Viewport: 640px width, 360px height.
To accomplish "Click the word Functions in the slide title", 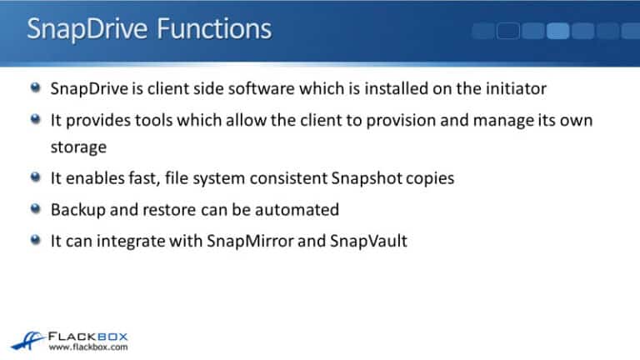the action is tap(214, 28).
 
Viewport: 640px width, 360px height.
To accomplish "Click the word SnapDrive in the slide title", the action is tap(87, 29).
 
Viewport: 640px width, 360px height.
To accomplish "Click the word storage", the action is tap(78, 147).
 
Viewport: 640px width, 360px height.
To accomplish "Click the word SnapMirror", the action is tap(250, 241).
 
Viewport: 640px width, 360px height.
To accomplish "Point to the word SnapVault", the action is tap(368, 241).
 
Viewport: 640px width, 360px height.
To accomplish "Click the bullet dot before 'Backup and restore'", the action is tap(36, 209).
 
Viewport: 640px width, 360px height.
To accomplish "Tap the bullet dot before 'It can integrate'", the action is tap(36, 240).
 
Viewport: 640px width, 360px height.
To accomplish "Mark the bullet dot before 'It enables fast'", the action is tap(36, 177).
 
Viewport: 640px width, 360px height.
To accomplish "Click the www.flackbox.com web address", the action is tap(88, 347).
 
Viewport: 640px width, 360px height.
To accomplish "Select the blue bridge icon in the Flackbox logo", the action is tap(27, 340).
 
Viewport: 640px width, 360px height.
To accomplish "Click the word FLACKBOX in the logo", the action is tap(88, 337).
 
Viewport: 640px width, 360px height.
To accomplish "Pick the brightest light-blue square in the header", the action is tap(557, 31).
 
